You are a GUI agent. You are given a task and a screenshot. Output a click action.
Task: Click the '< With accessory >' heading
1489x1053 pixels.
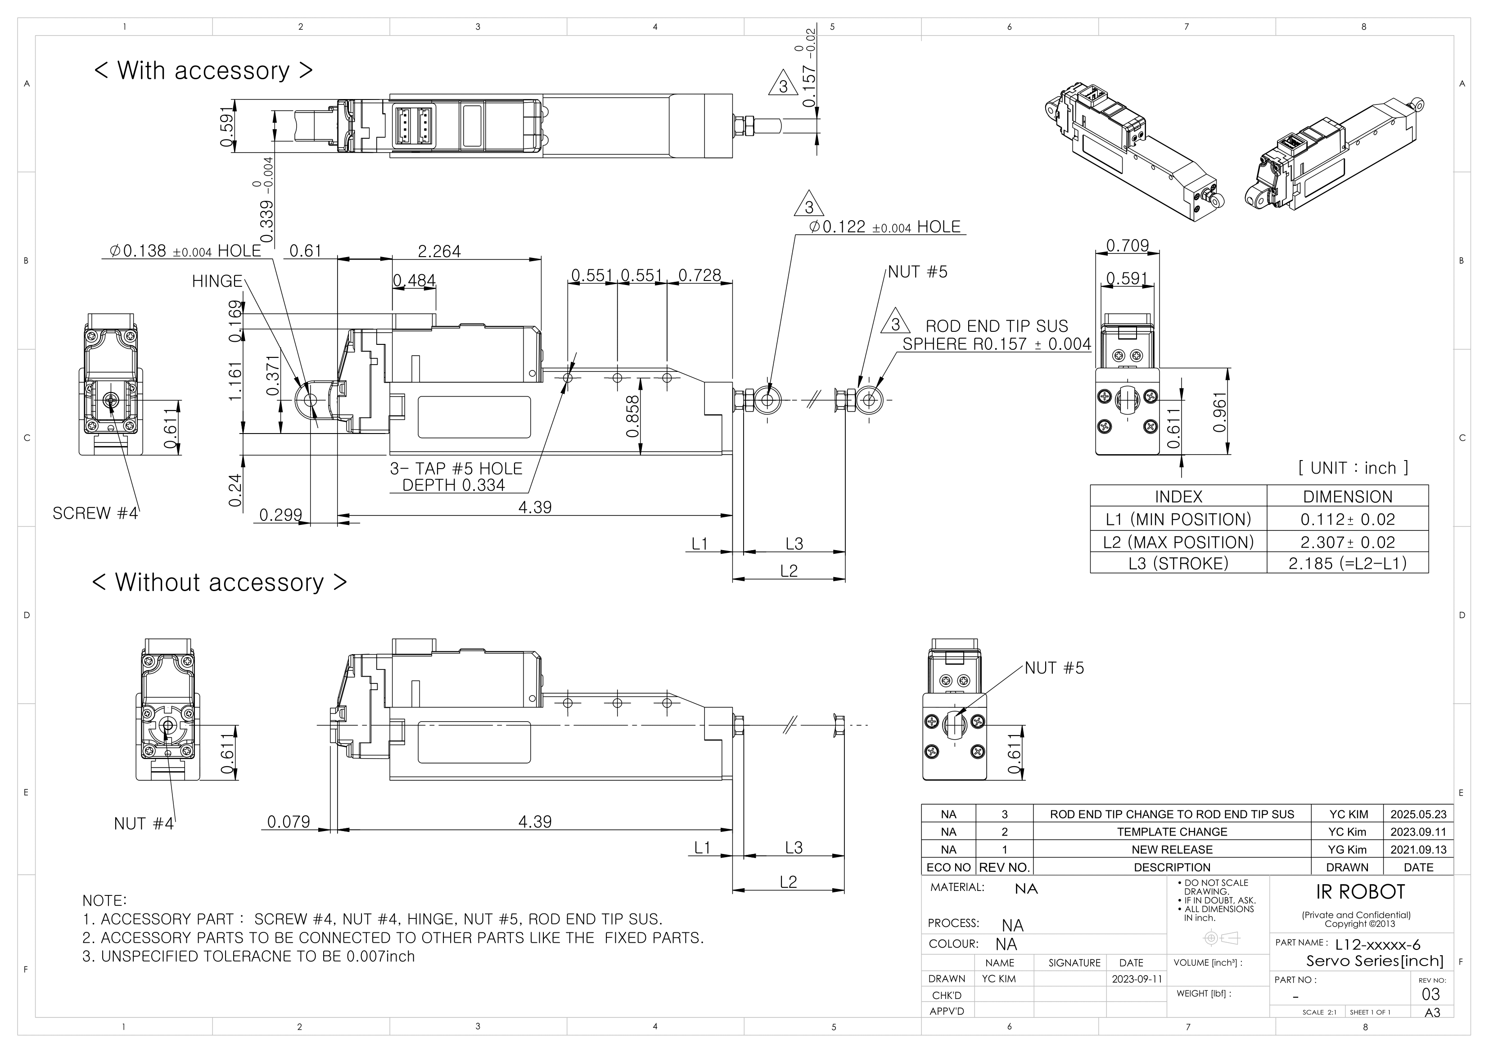point(203,70)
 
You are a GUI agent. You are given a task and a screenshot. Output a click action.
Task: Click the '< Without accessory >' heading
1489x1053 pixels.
point(219,583)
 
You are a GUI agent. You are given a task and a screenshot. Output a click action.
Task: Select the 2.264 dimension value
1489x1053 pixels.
point(439,251)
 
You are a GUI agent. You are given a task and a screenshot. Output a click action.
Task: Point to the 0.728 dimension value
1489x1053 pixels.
point(699,275)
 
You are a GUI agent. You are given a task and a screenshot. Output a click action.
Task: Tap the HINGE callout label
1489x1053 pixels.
point(217,281)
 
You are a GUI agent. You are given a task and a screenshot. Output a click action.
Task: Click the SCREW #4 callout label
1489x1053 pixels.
point(95,513)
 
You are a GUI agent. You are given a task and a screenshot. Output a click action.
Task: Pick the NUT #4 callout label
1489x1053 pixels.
point(143,823)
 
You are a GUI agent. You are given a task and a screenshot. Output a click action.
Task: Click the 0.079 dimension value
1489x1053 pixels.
point(289,822)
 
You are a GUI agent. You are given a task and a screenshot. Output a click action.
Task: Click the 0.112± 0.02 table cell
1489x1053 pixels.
point(1347,519)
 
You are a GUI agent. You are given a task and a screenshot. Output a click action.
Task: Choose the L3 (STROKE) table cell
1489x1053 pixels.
point(1178,563)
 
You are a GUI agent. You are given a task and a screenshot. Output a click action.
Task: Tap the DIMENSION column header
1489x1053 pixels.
point(1347,496)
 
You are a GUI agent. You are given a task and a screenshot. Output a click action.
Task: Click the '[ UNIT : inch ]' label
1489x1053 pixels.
point(1353,468)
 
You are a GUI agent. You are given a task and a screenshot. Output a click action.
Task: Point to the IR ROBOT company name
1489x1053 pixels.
point(1360,892)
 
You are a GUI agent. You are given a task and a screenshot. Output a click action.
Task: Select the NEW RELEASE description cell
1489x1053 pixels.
point(1171,849)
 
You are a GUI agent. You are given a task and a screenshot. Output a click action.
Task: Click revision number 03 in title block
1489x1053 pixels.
point(1430,994)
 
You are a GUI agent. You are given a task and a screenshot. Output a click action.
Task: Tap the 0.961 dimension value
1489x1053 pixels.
point(1220,412)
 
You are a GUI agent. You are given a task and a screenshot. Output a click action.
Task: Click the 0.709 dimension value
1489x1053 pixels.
point(1127,245)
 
